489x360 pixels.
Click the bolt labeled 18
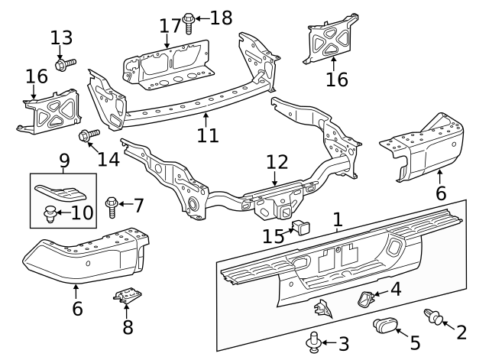click(189, 22)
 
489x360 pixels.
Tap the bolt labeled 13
click(65, 64)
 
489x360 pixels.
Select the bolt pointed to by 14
click(89, 136)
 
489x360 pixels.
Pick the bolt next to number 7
click(112, 207)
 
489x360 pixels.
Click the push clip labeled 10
click(50, 213)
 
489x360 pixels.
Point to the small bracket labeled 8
click(127, 296)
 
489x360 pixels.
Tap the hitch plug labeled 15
click(300, 228)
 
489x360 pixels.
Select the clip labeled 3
click(314, 342)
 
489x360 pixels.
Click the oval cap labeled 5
click(385, 326)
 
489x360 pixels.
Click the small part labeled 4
click(364, 298)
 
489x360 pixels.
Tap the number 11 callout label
click(208, 135)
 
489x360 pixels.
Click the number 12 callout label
click(277, 162)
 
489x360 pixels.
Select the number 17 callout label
click(170, 26)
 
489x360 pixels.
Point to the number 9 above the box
click(63, 161)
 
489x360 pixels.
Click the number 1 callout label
click(338, 219)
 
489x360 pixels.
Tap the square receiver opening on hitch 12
click(285, 212)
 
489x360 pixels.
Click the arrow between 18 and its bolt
click(202, 18)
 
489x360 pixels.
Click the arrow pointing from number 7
click(126, 204)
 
